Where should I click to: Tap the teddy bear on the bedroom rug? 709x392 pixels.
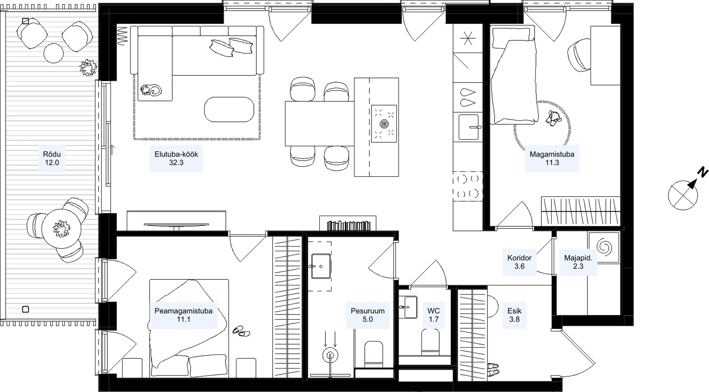[553, 118]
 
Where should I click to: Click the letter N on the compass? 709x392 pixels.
[703, 172]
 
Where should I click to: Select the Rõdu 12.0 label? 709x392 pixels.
[52, 158]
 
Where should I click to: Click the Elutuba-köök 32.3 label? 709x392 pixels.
[176, 158]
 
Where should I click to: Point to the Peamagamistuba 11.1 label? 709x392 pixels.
[183, 315]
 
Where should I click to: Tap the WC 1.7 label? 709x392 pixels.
[434, 315]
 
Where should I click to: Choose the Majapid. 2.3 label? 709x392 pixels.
[578, 262]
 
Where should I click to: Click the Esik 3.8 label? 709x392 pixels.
[514, 315]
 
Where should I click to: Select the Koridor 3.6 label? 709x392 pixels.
[519, 262]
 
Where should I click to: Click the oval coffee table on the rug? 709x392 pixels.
[229, 109]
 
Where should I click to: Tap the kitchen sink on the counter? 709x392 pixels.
[469, 127]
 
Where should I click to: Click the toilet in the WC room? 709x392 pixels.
[430, 342]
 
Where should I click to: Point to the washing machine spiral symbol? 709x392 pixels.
[604, 247]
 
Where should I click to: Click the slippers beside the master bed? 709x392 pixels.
[241, 331]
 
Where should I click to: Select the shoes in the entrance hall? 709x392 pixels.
[493, 369]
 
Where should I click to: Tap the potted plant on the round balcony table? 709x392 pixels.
[61, 228]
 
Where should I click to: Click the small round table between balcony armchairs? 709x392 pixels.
[54, 53]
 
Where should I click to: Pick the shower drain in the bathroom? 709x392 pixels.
[330, 355]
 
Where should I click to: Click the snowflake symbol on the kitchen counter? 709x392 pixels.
[468, 38]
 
